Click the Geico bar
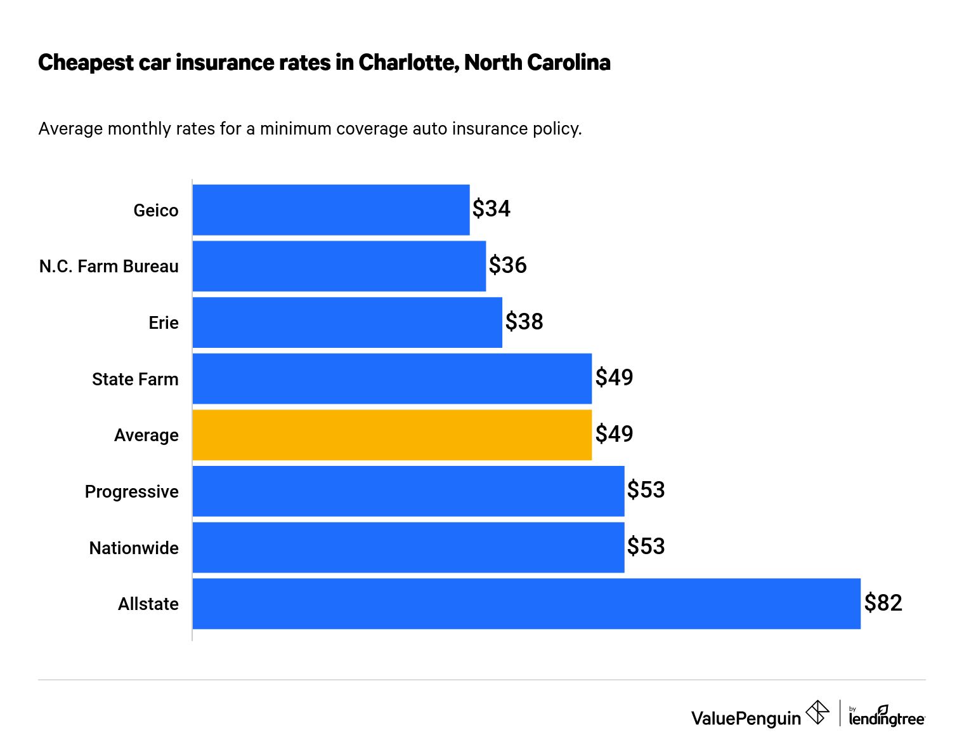[330, 210]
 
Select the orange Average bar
[391, 435]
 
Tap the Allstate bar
[526, 604]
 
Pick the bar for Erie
[347, 322]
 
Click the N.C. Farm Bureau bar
[339, 266]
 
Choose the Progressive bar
[408, 491]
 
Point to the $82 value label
[883, 602]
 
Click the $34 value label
[492, 209]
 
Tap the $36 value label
[507, 265]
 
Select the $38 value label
[524, 321]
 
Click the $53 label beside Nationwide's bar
[646, 547]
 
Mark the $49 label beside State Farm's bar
[614, 378]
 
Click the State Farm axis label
[135, 380]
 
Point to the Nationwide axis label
[134, 548]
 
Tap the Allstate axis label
[148, 604]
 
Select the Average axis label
[147, 435]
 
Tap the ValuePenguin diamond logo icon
[817, 712]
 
